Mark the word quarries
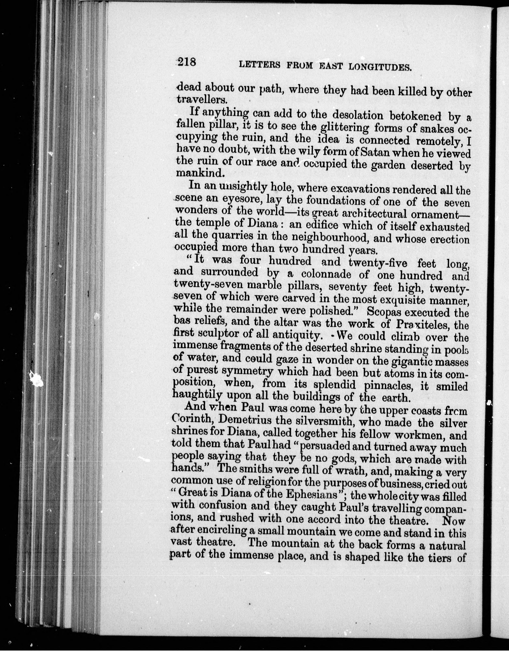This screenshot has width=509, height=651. pos(233,236)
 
